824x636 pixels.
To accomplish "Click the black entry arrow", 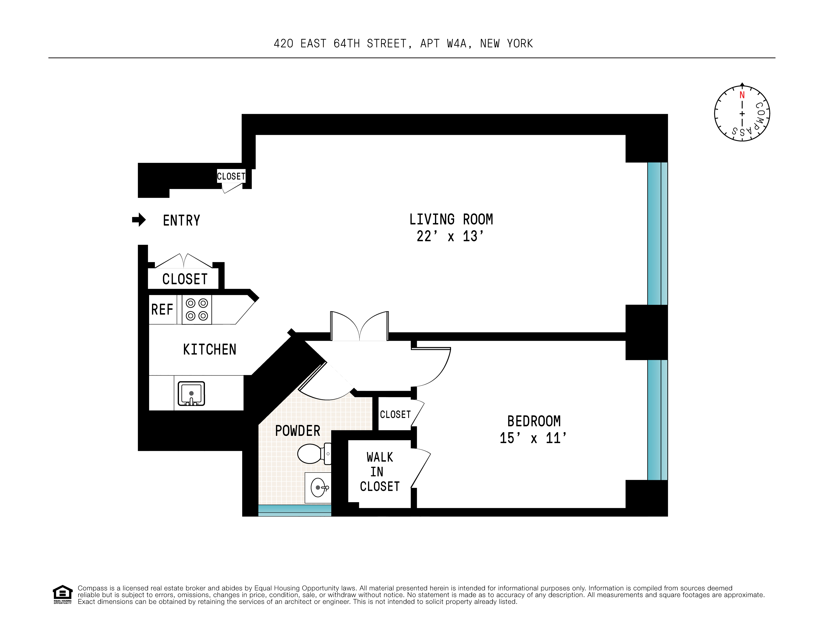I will (139, 220).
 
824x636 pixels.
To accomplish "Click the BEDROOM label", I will (533, 421).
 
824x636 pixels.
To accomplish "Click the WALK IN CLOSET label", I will (380, 472).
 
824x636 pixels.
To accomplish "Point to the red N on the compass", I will (742, 95).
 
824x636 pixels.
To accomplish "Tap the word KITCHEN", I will (209, 349).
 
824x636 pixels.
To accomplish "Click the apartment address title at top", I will (403, 44).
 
